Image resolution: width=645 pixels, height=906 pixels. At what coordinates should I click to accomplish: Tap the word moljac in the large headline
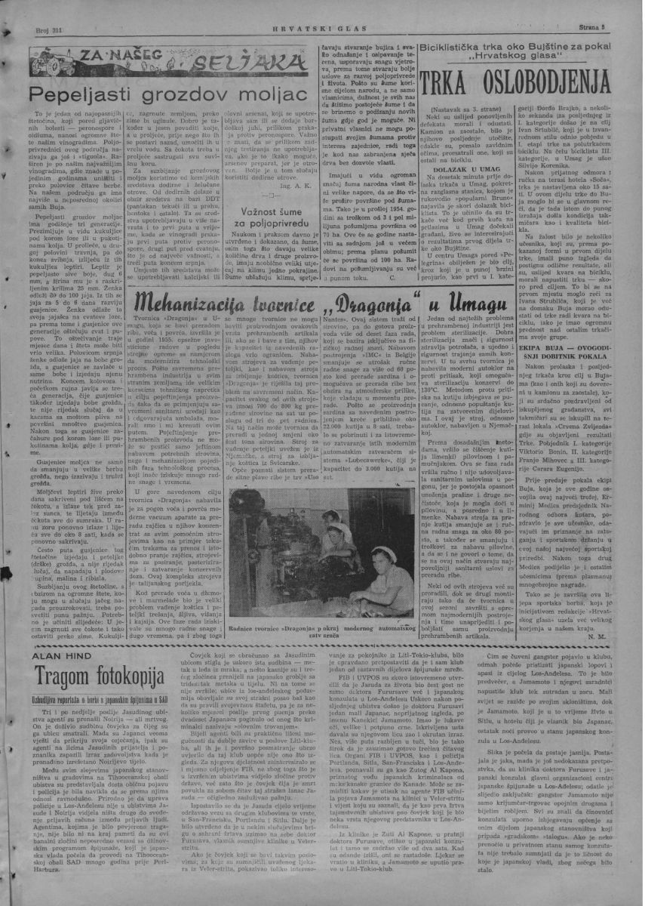(x=267, y=94)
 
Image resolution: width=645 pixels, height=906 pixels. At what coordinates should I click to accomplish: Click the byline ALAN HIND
(x=57, y=656)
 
